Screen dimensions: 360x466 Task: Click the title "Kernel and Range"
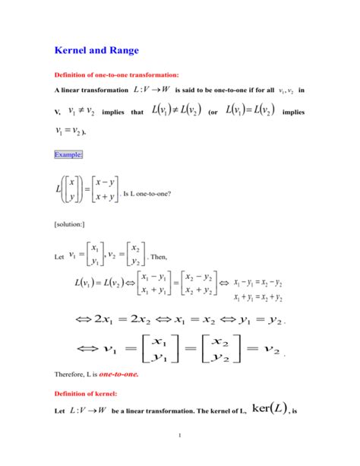point(96,51)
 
